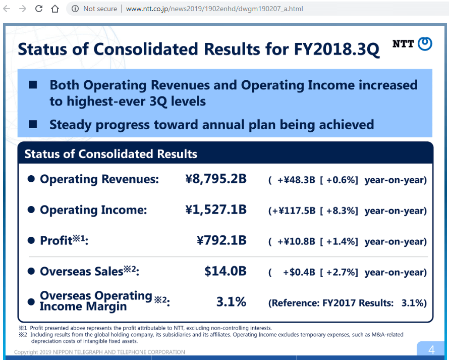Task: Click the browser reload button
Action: (x=39, y=9)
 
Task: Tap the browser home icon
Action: (x=55, y=9)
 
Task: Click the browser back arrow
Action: (x=7, y=9)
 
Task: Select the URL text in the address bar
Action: (x=214, y=9)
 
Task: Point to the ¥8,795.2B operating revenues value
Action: (x=216, y=179)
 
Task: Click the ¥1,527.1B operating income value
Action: (x=216, y=210)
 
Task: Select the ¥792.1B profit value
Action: (x=221, y=241)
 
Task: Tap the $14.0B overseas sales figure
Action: (x=226, y=272)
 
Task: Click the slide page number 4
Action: (x=431, y=350)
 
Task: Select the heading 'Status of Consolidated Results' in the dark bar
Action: (x=110, y=154)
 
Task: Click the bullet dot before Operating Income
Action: (x=31, y=210)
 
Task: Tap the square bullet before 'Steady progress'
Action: (x=33, y=124)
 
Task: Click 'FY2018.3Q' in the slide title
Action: (x=336, y=49)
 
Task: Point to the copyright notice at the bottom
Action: (x=99, y=352)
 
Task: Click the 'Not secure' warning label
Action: (x=100, y=9)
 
